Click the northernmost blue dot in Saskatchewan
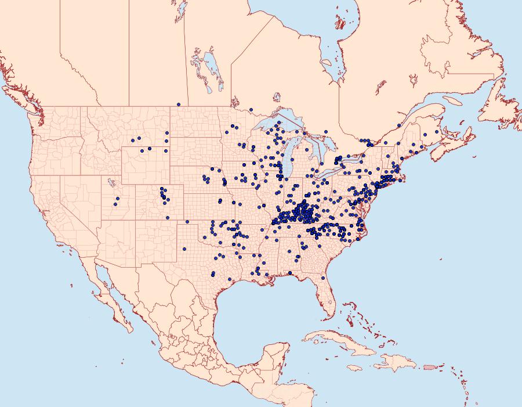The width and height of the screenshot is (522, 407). (179, 105)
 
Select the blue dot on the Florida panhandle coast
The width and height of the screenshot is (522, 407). (289, 273)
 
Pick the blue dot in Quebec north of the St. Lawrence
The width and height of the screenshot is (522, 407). (399, 125)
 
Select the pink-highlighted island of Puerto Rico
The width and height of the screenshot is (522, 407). (429, 366)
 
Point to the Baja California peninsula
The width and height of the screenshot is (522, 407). (110, 296)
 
